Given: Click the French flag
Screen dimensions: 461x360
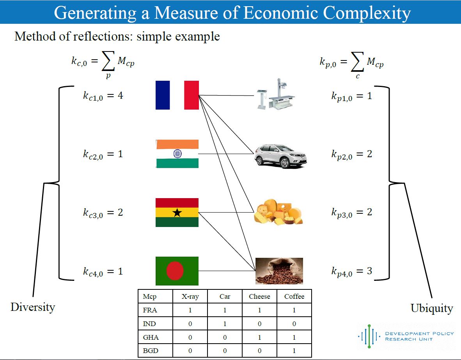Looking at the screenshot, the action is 177,95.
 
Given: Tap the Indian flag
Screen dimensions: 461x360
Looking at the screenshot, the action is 177,154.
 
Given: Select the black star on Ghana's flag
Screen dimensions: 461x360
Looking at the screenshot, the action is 177,212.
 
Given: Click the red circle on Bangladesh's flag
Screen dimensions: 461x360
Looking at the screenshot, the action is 175,271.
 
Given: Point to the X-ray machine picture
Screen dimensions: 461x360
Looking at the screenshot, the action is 276,94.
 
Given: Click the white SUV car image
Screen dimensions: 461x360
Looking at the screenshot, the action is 280,156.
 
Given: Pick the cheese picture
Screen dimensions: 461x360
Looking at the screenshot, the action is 278,212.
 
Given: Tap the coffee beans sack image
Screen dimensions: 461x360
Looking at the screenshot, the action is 279,271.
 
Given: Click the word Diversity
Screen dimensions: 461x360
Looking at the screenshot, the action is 33,307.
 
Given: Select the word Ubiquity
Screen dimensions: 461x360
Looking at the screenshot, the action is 432,309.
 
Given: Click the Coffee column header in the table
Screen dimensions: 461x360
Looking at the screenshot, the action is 294,296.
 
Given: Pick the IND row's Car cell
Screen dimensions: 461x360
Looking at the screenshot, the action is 225,324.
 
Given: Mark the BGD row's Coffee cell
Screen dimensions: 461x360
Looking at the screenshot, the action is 294,351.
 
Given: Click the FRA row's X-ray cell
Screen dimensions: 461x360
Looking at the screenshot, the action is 190,310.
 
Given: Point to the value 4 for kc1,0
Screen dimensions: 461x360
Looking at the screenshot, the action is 120,95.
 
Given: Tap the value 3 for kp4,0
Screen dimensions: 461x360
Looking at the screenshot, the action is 370,271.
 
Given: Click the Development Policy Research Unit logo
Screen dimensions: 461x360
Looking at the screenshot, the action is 406,336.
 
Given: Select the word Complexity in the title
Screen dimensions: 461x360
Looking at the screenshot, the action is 367,13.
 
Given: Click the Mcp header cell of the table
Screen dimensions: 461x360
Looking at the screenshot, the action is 155,296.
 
